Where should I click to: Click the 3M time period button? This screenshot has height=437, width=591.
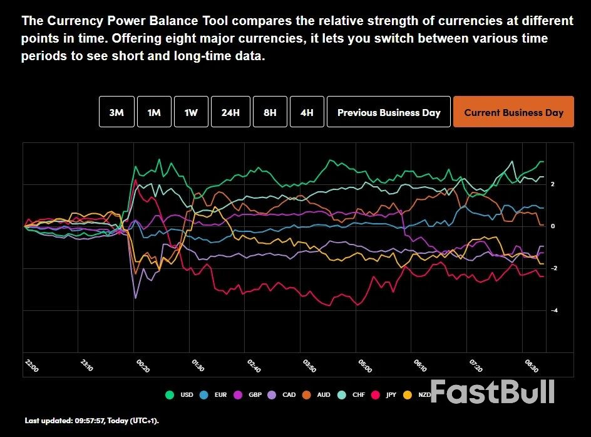tap(116, 113)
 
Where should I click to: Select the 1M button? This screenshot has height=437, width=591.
tap(154, 113)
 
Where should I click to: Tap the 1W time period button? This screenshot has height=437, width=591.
tap(191, 113)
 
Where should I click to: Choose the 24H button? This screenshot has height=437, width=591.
tap(230, 113)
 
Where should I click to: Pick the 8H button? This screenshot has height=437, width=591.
tap(270, 113)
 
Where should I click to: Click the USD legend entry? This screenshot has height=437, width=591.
tap(180, 395)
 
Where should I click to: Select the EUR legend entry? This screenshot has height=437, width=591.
tap(214, 395)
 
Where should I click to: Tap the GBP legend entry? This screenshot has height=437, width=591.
tap(249, 395)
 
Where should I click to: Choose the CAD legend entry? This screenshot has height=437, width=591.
tap(283, 395)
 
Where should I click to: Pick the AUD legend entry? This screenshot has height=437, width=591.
tap(317, 395)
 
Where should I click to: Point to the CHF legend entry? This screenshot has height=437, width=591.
tap(352, 395)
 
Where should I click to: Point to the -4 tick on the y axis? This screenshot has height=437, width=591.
tap(554, 310)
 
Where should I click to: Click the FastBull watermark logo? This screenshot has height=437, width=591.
tap(492, 392)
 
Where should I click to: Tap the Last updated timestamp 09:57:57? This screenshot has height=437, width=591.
tap(93, 420)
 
